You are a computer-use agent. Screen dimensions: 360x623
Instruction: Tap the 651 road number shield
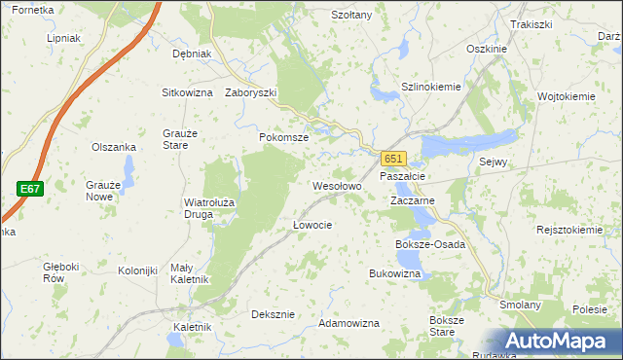(x=391, y=159)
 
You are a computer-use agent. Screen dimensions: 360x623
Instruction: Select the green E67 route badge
(x=28, y=189)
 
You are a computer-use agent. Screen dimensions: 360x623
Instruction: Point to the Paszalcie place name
(x=401, y=176)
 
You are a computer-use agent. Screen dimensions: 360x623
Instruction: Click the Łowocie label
(x=312, y=225)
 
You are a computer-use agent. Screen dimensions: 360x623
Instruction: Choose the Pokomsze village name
(x=283, y=138)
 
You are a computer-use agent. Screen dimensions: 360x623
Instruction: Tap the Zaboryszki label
(x=251, y=93)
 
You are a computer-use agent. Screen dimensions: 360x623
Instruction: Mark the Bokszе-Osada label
(x=429, y=244)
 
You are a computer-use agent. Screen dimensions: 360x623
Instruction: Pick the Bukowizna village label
(x=394, y=274)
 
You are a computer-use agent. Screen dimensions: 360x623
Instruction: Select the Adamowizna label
(x=348, y=321)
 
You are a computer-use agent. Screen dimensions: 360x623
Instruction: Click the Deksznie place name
(x=273, y=314)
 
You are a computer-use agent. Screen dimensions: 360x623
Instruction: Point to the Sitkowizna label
(x=187, y=92)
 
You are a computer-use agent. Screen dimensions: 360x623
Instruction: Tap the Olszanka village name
(x=113, y=147)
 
